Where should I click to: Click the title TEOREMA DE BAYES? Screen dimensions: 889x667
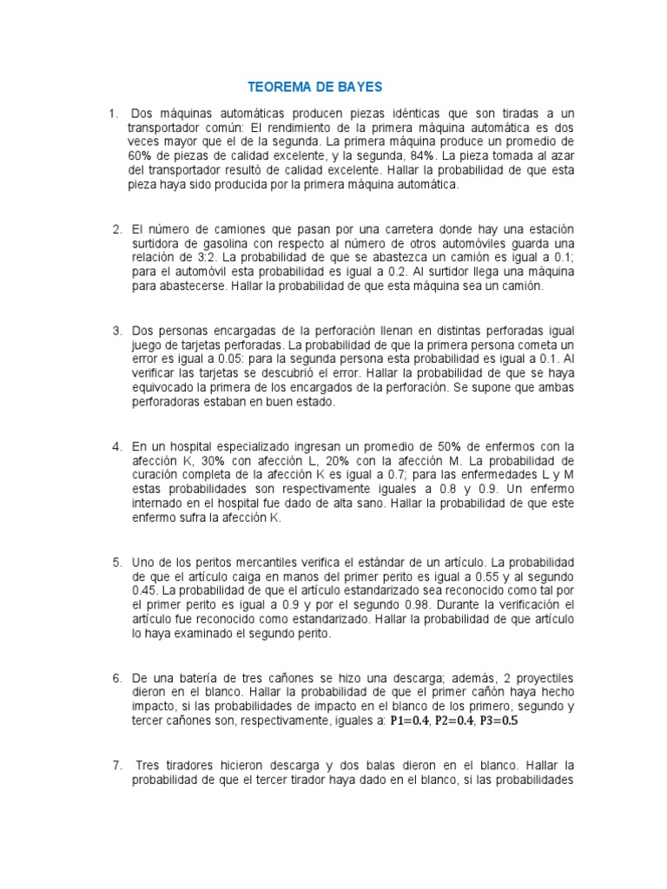(314, 87)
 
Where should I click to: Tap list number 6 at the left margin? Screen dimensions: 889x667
(116, 677)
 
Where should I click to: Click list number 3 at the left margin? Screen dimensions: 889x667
(116, 330)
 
